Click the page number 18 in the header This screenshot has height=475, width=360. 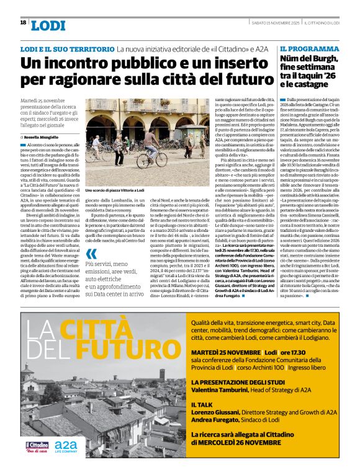click(x=23, y=22)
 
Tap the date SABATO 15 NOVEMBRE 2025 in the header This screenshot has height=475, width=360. click(x=275, y=23)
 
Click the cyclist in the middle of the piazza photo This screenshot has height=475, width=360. click(x=150, y=145)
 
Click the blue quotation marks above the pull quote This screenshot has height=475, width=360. click(x=91, y=253)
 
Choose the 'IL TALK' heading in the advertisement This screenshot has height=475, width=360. click(x=203, y=404)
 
